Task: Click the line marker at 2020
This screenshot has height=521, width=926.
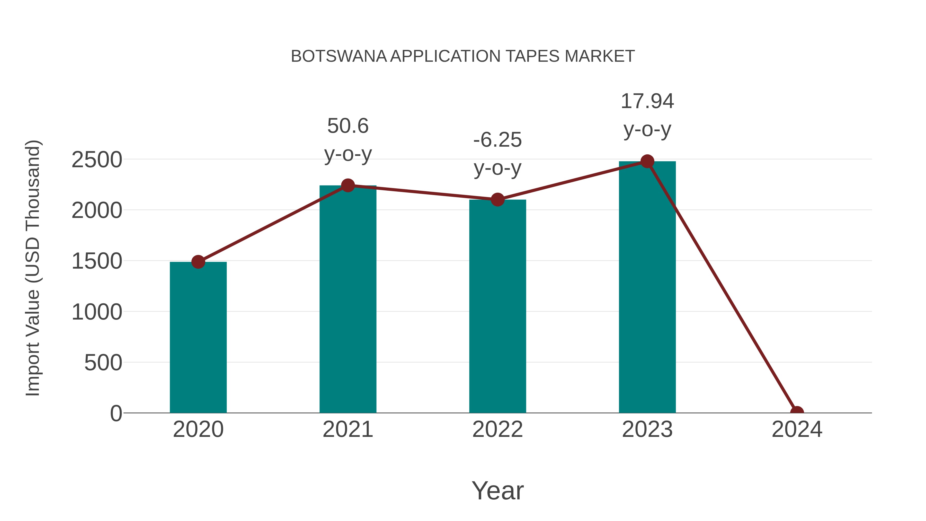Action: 198,262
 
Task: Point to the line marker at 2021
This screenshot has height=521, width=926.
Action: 348,185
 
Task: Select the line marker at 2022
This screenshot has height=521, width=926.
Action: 497,200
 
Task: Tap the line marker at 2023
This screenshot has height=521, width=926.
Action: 647,161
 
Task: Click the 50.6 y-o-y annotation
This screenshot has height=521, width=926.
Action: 348,140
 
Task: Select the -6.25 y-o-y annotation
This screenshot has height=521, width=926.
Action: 497,154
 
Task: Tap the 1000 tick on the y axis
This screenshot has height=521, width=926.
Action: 97,312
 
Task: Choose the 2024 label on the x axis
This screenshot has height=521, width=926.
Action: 797,429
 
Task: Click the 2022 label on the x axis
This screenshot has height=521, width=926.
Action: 497,429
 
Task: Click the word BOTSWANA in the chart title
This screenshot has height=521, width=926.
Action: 338,56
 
